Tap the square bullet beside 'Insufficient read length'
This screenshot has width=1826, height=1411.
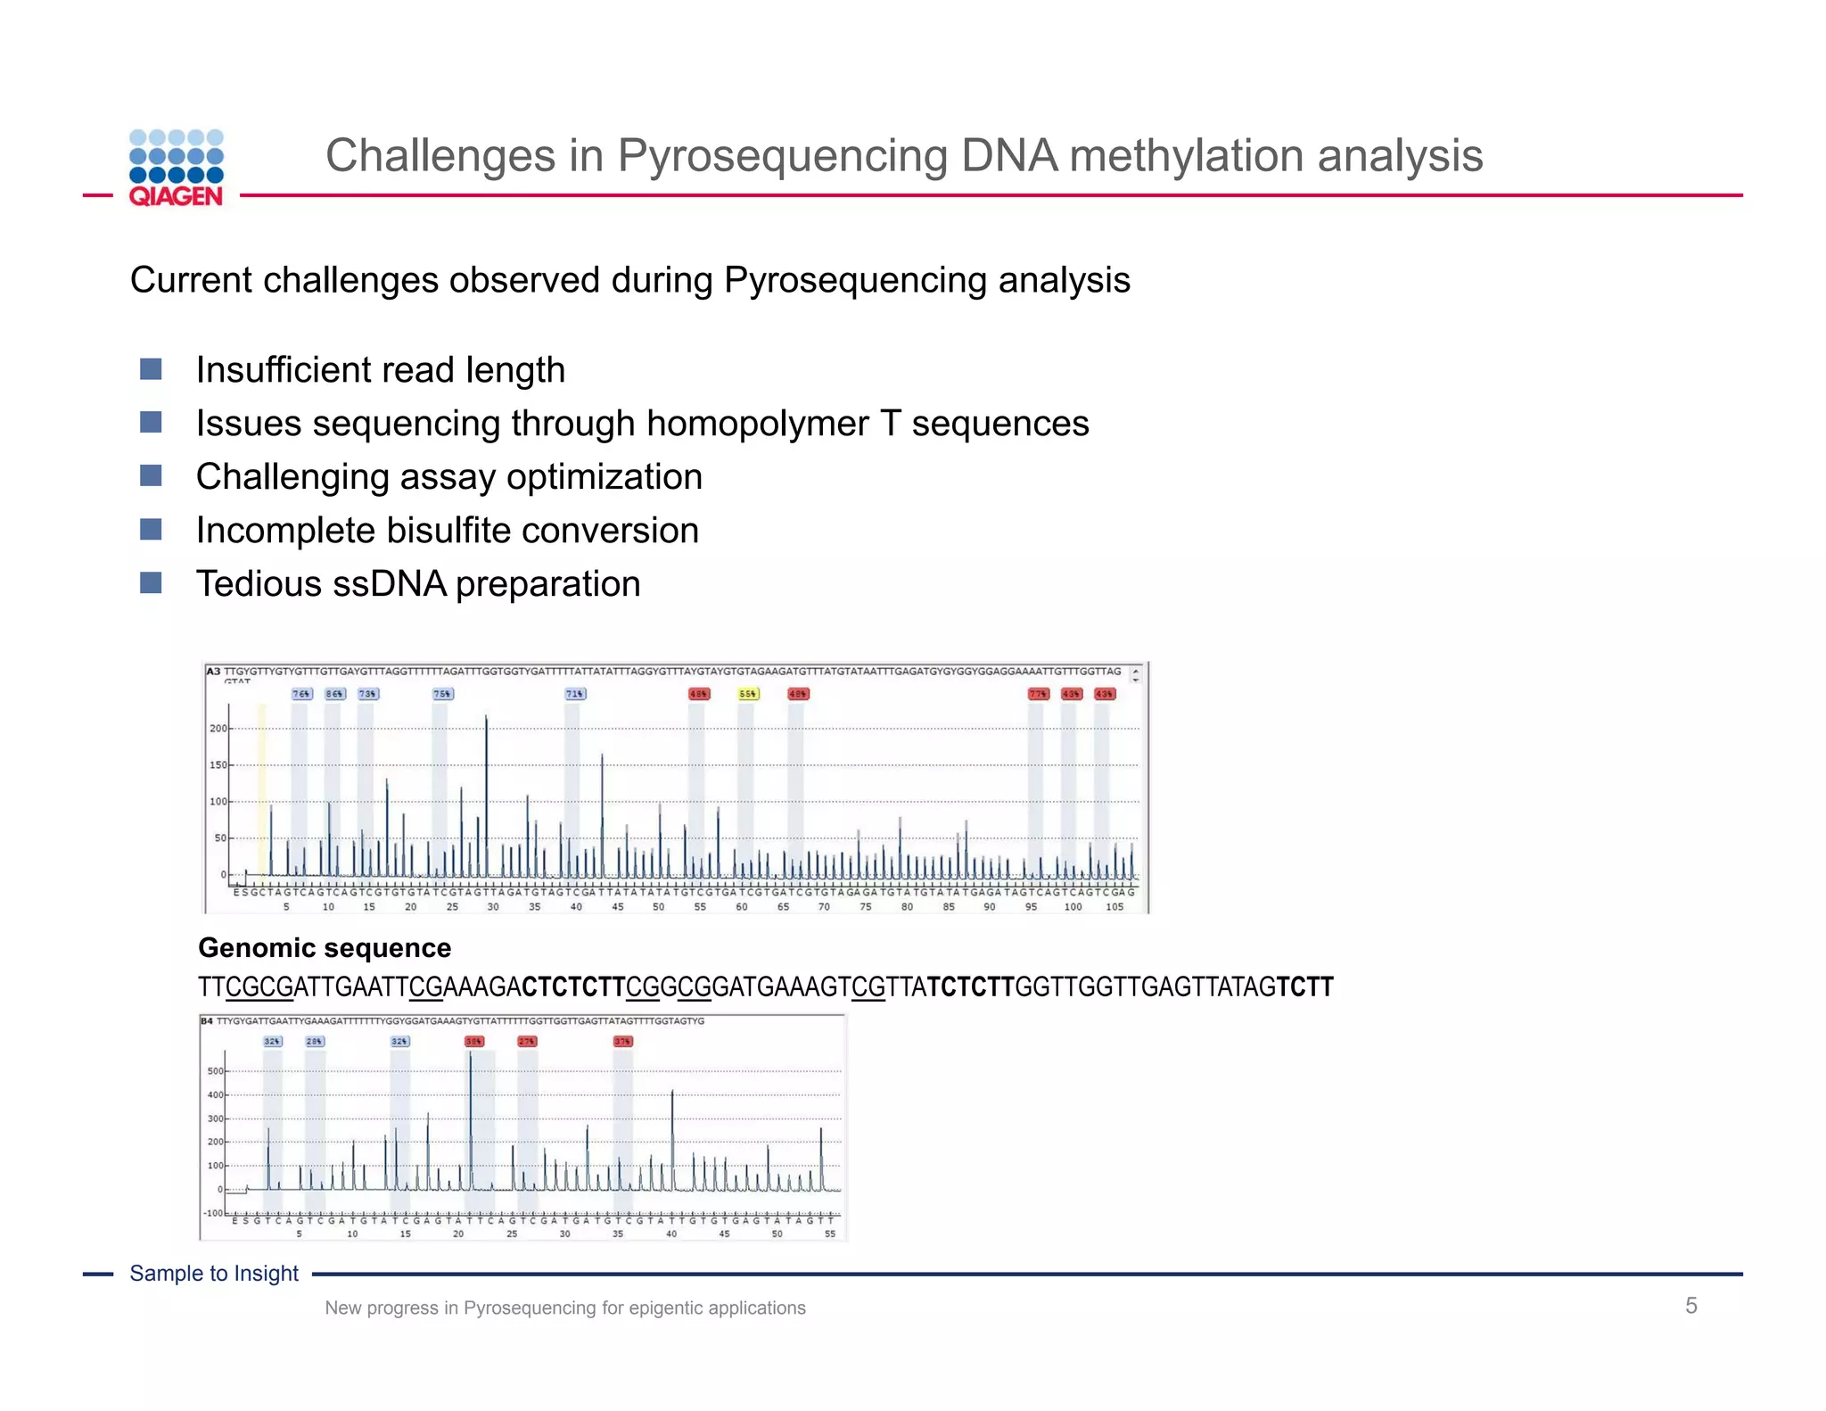tap(151, 369)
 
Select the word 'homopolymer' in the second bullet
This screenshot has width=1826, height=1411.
tap(757, 424)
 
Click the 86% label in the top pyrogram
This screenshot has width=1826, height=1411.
tap(334, 694)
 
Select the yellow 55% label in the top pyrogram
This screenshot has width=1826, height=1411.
tap(748, 694)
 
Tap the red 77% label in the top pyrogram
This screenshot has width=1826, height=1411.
tap(1038, 694)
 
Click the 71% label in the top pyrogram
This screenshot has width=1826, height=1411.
tap(575, 694)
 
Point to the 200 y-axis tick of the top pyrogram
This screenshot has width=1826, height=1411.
tap(218, 729)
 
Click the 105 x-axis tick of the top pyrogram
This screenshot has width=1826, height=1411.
tap(1115, 907)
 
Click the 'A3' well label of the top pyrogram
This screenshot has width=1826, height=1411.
tap(213, 671)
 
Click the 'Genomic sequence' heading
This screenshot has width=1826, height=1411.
tap(325, 947)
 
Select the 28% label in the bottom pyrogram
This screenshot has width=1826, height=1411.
tap(315, 1041)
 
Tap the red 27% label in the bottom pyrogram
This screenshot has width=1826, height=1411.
tap(527, 1041)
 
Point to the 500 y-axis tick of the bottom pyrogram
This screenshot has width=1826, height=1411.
tap(215, 1071)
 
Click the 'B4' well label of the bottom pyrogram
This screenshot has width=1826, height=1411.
tap(207, 1021)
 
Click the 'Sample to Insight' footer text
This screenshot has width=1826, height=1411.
tap(214, 1274)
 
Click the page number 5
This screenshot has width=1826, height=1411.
tap(1690, 1306)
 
